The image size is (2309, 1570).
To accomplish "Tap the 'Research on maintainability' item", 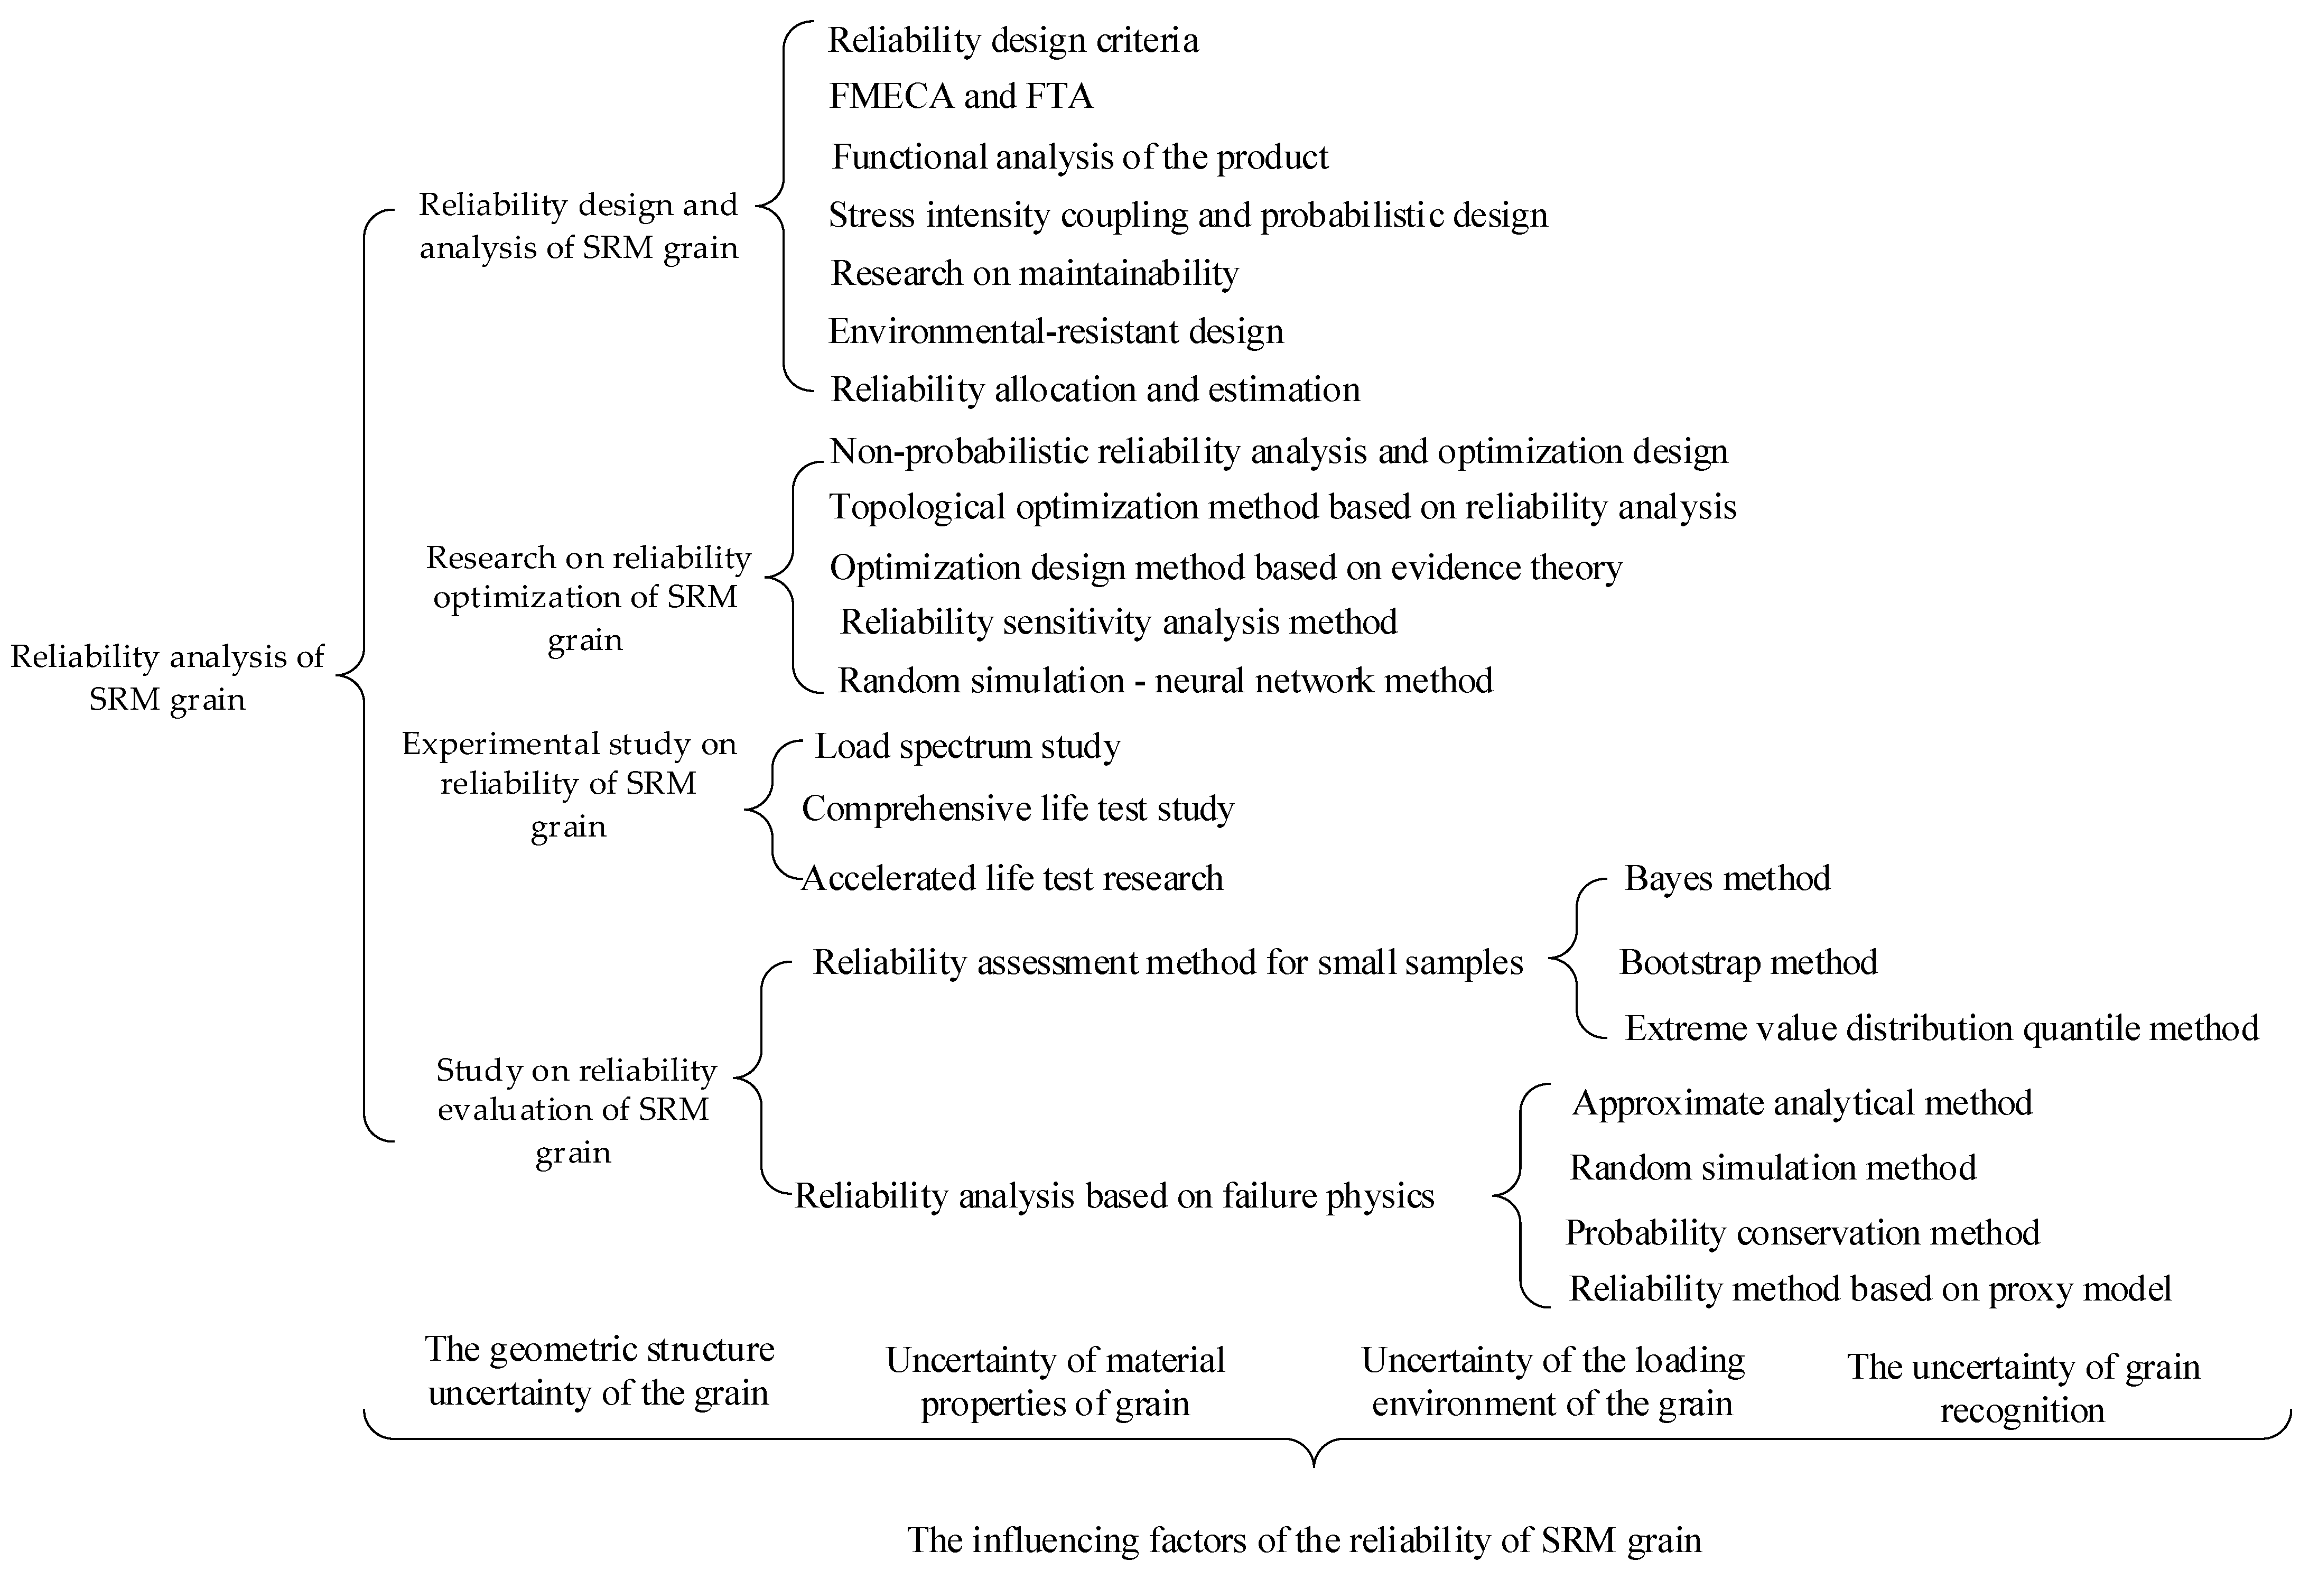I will click(x=1034, y=273).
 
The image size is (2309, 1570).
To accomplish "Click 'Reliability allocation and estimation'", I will click(x=1095, y=389).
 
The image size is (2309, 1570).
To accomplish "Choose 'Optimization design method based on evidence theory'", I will click(x=1225, y=568).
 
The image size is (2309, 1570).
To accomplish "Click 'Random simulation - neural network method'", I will click(x=1165, y=681).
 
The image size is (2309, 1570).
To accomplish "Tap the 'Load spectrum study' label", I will click(x=967, y=746).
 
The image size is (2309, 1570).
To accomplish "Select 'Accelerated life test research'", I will click(x=1011, y=878).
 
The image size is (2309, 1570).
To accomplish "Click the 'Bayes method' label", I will click(x=1727, y=878).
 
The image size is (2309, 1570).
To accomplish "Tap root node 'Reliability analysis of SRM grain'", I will click(x=167, y=677).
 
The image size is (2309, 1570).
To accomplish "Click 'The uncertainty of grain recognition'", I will click(x=2023, y=1388).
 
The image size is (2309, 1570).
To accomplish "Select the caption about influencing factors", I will click(x=1304, y=1540).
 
